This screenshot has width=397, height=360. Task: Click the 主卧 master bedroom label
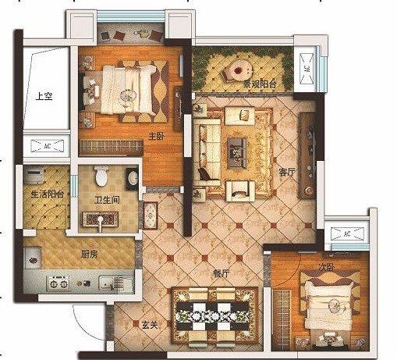(157, 136)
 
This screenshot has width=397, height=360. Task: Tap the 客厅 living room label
(287, 172)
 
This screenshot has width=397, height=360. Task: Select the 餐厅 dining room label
(221, 273)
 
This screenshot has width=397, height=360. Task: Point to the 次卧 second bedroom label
(327, 267)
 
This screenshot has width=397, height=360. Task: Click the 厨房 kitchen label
(89, 254)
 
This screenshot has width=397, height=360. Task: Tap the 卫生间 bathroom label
(107, 200)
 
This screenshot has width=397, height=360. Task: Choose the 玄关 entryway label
(150, 325)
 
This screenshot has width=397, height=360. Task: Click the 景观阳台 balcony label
(260, 84)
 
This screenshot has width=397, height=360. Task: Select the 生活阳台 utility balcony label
(48, 194)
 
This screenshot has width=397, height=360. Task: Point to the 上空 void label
(44, 96)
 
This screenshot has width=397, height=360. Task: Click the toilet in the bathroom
(101, 176)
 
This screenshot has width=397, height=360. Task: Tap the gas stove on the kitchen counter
(58, 283)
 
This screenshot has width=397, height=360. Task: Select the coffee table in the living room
(237, 153)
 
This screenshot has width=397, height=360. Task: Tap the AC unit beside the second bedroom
(347, 233)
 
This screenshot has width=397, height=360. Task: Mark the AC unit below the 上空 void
(48, 146)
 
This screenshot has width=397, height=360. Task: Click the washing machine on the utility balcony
(34, 174)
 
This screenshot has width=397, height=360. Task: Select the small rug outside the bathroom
(151, 216)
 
